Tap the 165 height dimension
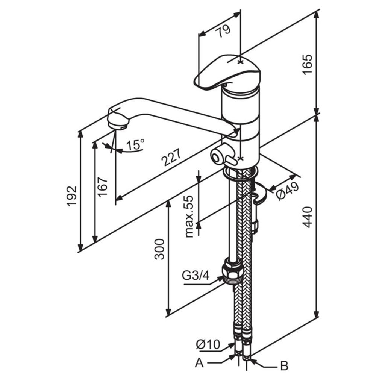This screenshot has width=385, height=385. (308, 64)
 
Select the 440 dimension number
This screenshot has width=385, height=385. (308, 217)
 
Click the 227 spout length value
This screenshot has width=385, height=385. (171, 158)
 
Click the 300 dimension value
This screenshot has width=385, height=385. (159, 249)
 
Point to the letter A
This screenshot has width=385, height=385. (200, 363)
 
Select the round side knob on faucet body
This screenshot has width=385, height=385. (218, 155)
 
